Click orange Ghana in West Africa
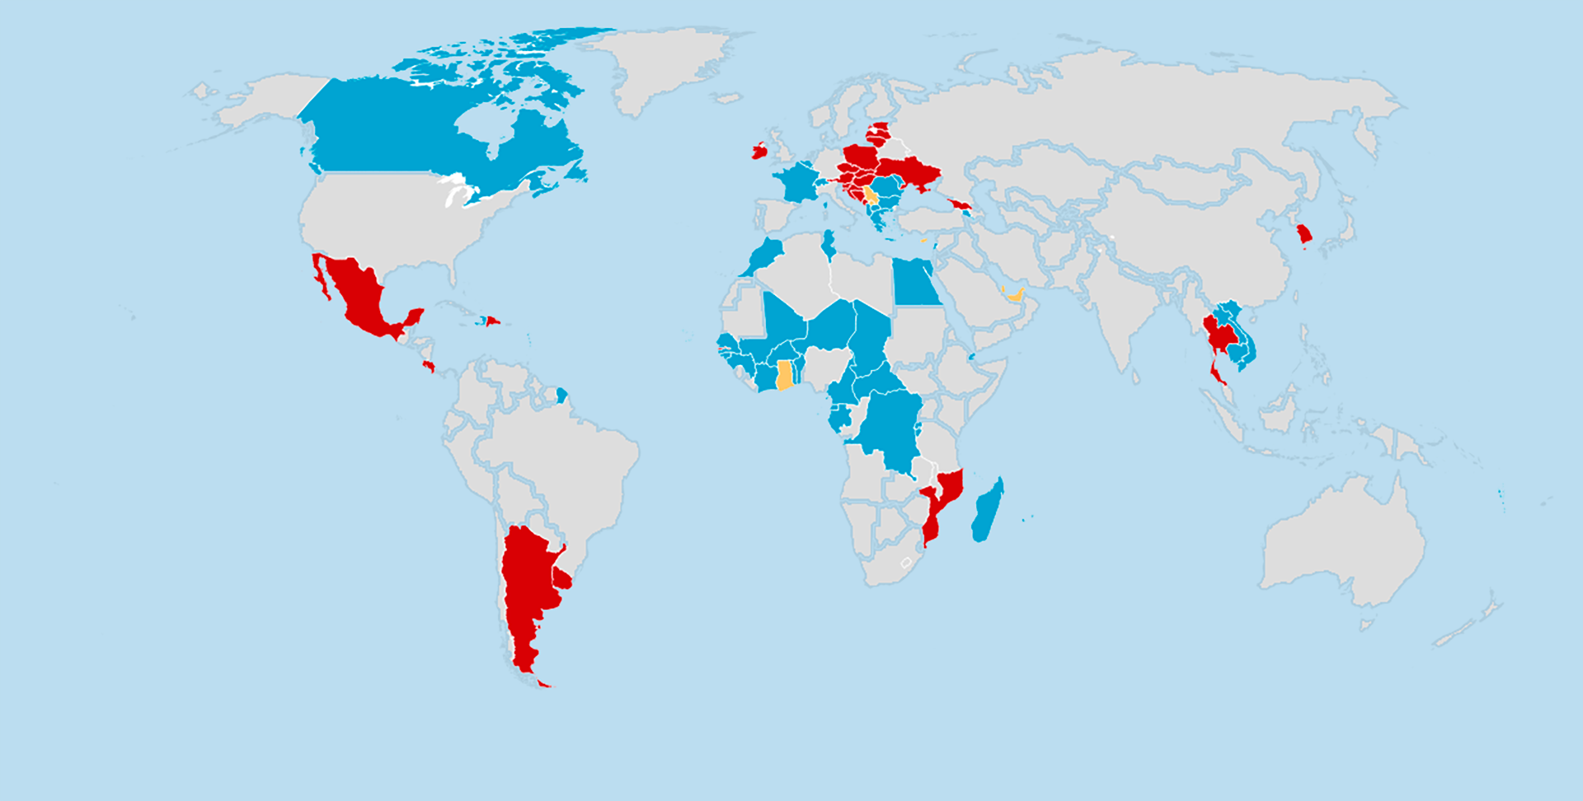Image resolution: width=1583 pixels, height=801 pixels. pos(785,375)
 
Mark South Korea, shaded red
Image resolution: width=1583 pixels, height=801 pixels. pos(1304,235)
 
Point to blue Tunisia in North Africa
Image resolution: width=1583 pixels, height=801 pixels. pos(829,246)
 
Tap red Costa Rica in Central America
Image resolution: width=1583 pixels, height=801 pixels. pos(428,365)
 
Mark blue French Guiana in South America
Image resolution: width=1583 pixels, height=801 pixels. pos(561,396)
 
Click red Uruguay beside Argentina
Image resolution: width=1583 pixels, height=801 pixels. pos(562,578)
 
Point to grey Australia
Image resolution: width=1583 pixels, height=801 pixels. pos(1344,544)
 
